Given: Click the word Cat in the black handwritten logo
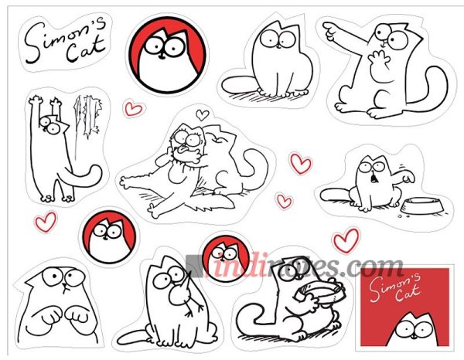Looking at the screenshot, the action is coord(86,49).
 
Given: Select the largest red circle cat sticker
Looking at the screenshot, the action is coord(168,55).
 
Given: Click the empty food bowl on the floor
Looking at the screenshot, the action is coord(423,205).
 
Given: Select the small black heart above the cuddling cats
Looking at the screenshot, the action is coord(203,114).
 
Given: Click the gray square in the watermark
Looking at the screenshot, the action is coord(194,266).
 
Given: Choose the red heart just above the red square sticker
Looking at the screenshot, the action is coord(346,240).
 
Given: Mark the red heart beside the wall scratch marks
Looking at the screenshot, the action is coord(133,109).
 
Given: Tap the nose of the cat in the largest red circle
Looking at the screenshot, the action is coord(162,56).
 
